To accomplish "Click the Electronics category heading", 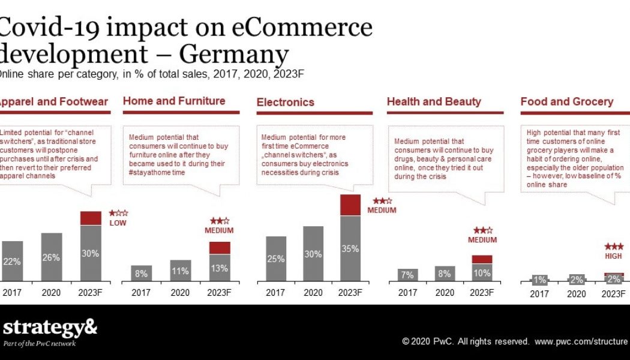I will coord(285,102).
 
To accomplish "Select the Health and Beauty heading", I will coord(434,101).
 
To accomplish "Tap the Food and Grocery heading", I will coord(567,101).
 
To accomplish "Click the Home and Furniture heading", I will coord(174,101).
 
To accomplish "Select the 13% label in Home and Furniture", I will coord(220,268).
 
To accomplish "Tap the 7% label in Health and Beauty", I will coord(407,275).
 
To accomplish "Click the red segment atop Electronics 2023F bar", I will coord(350,205).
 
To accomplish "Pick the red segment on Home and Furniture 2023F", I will coord(220,248).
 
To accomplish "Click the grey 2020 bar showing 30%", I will coord(313,253).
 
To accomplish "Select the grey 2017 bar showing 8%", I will coord(141,274).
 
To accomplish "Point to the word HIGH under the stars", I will coord(613,256).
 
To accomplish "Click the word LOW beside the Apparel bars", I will coord(118,223).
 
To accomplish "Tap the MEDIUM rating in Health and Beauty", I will coord(482,240).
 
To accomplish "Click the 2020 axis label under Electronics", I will coord(313,293).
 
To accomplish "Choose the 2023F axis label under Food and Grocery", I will coord(613,294).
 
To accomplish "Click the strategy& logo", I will coord(49,328).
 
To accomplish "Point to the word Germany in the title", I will coord(234,55).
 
